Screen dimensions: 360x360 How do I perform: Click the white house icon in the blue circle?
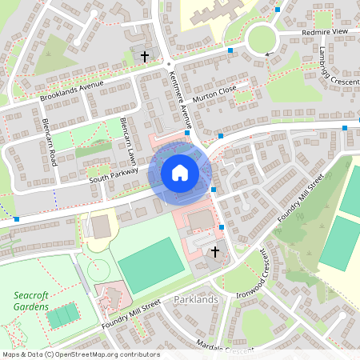180,173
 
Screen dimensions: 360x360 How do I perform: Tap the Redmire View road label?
323,30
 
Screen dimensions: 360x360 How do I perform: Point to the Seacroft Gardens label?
31,301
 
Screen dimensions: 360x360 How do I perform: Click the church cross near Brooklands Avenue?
145,56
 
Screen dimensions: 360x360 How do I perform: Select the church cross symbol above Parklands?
214,252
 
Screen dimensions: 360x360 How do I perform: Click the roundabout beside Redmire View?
262,37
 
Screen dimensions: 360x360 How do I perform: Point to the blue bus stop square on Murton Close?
230,51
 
